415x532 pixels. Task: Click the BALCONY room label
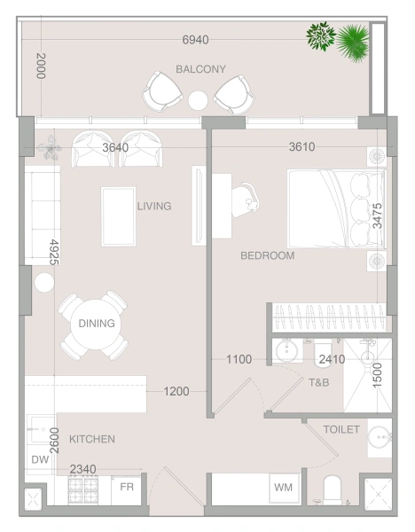click(x=200, y=69)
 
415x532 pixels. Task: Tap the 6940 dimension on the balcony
click(x=195, y=41)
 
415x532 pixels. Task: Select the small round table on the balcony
click(x=199, y=100)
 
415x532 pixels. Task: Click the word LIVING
click(x=153, y=207)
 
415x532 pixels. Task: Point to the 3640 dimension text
click(x=116, y=147)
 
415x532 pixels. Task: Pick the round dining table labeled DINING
click(x=97, y=325)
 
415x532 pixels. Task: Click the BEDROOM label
click(x=267, y=256)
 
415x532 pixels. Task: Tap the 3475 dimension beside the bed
click(x=378, y=217)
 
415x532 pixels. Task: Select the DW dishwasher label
click(x=39, y=459)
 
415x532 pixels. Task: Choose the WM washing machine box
click(x=284, y=488)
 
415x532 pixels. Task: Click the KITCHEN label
click(x=92, y=439)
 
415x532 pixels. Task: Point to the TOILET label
click(x=341, y=429)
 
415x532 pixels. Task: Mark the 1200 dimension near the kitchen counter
click(x=177, y=390)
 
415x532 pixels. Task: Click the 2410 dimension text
click(x=332, y=360)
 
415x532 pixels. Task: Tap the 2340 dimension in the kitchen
click(x=83, y=469)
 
